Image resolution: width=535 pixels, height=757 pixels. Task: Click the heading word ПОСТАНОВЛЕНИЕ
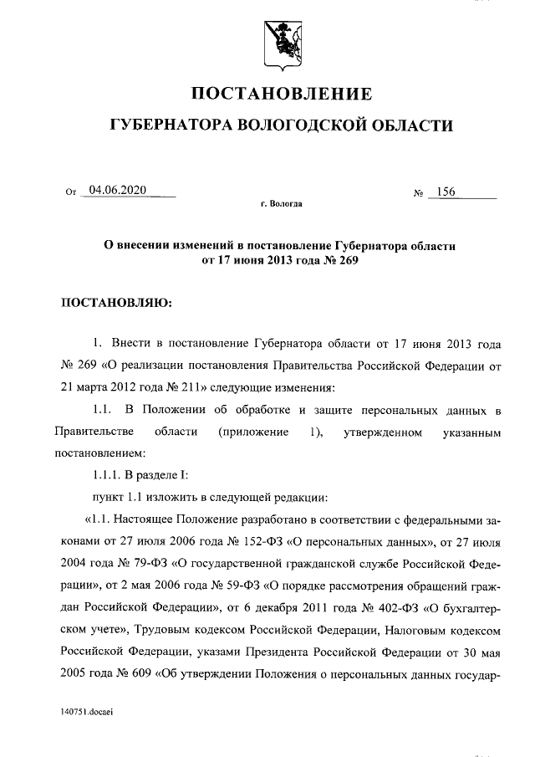[x=282, y=93]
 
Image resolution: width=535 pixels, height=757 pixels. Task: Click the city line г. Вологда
[x=281, y=203]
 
